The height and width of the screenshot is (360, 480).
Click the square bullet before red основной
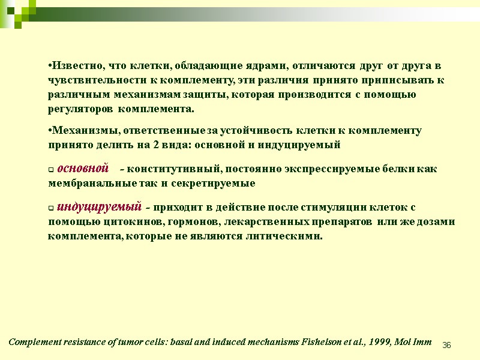point(51,170)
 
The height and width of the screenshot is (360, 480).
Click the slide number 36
point(446,345)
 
